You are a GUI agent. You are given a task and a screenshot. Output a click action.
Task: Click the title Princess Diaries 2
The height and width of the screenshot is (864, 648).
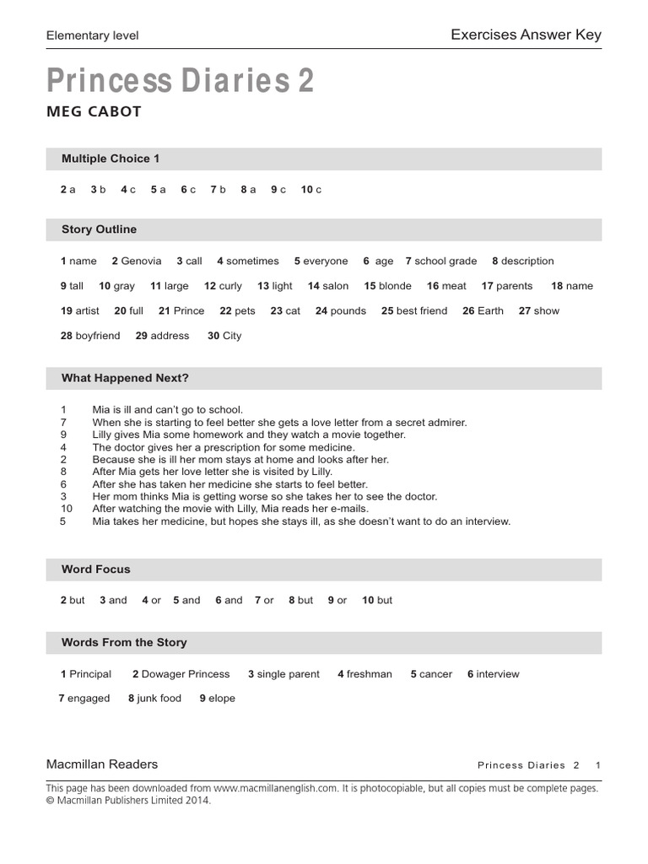[181, 82]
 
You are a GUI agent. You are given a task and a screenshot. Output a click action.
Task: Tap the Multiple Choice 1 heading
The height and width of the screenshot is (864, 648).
[111, 159]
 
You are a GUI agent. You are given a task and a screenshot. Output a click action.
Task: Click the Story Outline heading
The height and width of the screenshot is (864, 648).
[99, 229]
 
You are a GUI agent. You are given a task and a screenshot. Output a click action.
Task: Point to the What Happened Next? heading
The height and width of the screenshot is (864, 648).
[125, 378]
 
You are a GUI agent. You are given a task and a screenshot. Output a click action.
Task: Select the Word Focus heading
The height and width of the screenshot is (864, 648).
[96, 570]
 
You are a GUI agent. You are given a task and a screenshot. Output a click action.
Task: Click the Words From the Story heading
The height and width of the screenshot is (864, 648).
[124, 643]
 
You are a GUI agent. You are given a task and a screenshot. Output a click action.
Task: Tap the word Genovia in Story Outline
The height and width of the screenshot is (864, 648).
[141, 262]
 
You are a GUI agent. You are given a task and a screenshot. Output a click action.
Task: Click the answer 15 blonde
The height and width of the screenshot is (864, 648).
[388, 286]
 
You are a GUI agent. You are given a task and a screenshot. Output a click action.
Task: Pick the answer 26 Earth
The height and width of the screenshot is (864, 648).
[483, 310]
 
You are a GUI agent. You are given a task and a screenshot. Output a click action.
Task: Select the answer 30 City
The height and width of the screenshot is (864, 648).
[225, 336]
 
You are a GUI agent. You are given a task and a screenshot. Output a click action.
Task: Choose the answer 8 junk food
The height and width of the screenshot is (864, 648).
[155, 699]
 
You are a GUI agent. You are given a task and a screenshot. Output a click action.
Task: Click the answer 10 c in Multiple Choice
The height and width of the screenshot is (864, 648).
[311, 190]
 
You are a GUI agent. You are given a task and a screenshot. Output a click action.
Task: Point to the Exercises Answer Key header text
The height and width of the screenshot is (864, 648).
[526, 35]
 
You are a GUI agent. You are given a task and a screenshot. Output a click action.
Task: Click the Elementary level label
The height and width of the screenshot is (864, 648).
[93, 35]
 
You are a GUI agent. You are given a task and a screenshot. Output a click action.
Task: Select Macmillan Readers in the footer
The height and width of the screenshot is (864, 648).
[102, 764]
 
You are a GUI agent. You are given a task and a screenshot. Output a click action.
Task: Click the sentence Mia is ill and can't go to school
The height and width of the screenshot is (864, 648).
[167, 410]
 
